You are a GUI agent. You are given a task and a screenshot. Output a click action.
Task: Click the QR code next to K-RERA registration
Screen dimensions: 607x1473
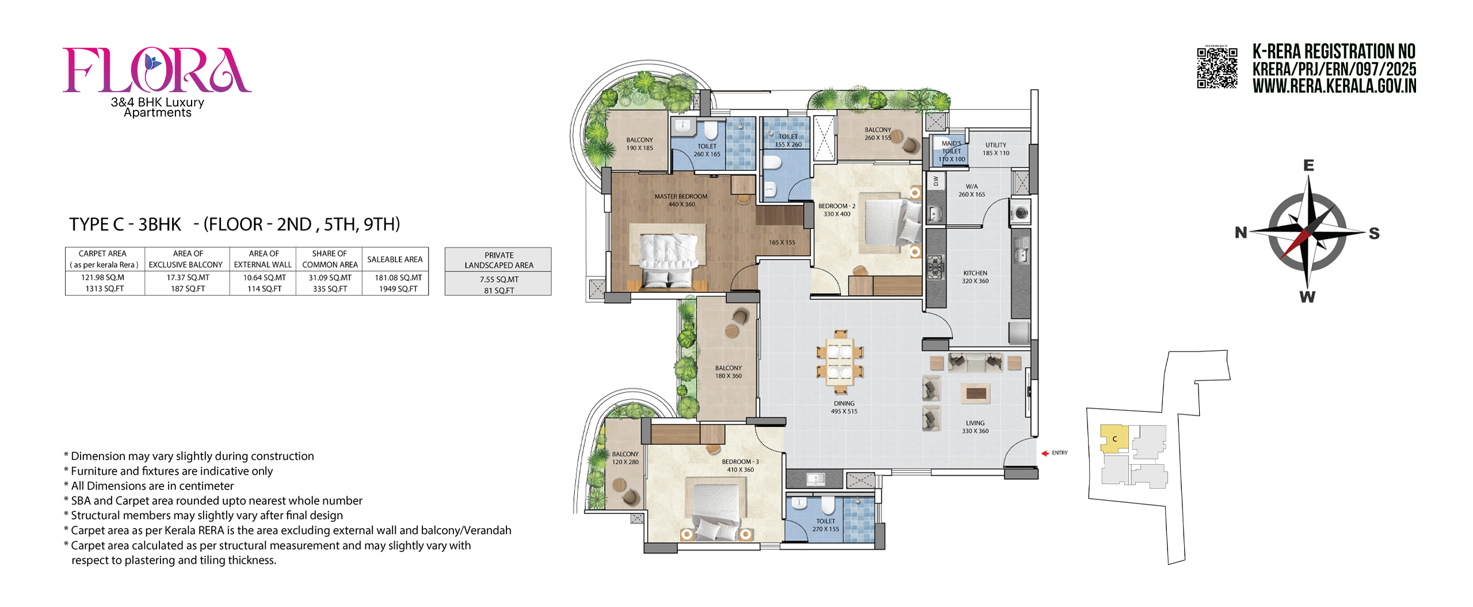(x=1217, y=68)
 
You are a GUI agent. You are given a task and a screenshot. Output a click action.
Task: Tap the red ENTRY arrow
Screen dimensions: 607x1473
(x=1045, y=453)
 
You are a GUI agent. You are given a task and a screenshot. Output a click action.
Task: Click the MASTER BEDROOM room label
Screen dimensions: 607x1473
(x=681, y=197)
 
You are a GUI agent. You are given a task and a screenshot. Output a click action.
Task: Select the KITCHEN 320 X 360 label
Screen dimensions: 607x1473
(x=975, y=277)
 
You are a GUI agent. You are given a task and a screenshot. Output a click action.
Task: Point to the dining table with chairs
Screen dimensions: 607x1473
(x=839, y=362)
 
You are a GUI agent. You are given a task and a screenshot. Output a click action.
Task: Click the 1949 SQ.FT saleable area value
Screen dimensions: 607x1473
(x=398, y=289)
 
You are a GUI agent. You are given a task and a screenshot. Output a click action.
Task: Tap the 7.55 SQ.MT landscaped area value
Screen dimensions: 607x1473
(x=499, y=280)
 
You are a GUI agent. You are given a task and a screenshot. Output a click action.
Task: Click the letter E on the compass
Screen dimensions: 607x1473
(x=1308, y=166)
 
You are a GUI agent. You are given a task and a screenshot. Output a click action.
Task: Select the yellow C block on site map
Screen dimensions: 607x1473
(x=1113, y=439)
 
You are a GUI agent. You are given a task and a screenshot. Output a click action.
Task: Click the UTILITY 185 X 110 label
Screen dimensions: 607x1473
(x=995, y=149)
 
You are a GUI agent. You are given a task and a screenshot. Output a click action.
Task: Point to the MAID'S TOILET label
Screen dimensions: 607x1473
(x=952, y=148)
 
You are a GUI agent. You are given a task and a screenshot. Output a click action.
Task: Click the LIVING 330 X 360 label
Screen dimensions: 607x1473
(x=975, y=427)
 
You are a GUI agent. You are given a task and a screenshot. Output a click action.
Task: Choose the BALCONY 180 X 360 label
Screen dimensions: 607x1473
(x=728, y=372)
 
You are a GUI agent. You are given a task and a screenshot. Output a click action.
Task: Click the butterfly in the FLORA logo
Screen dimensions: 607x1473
(x=152, y=62)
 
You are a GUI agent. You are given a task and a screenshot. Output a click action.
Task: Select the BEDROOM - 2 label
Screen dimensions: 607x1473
(x=837, y=206)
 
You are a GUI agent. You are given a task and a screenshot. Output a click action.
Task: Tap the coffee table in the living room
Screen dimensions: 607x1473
(x=975, y=394)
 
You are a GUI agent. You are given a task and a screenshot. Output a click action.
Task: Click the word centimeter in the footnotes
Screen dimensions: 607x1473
(x=205, y=486)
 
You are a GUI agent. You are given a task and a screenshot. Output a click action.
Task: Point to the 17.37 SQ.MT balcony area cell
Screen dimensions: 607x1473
(x=188, y=277)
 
